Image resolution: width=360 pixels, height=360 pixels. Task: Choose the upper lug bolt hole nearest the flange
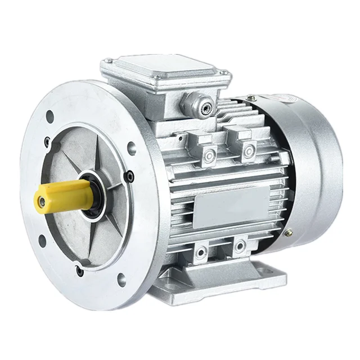[209, 155]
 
